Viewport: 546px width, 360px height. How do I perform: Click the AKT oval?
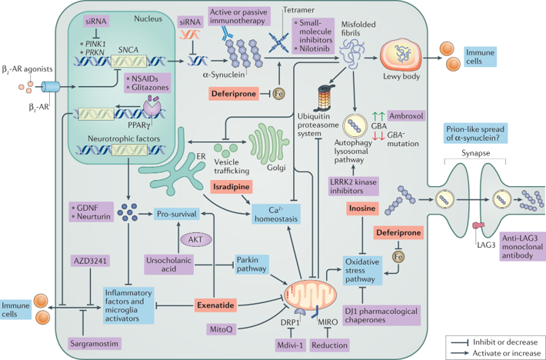(x=193, y=239)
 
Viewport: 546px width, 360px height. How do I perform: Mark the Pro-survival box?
(x=178, y=212)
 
